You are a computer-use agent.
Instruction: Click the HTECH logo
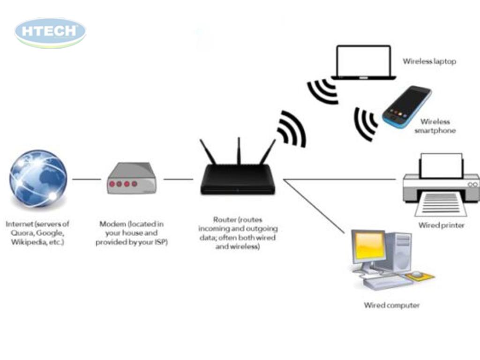[x=50, y=31]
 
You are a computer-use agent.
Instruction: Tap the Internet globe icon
[x=38, y=179]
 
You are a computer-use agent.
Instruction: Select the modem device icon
[x=131, y=178]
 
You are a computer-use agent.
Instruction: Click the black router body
[x=238, y=180]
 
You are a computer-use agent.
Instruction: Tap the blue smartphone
[x=406, y=106]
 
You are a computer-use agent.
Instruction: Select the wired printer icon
[x=441, y=185]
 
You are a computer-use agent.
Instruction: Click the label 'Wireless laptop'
[x=429, y=61]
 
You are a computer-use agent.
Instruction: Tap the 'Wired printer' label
[x=441, y=225]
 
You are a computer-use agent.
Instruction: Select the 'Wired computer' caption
[x=392, y=306]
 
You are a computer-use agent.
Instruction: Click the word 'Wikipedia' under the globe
[x=25, y=242]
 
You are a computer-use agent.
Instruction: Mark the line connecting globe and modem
[x=87, y=179]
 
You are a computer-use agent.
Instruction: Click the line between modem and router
[x=178, y=179]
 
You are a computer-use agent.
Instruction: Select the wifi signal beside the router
[x=292, y=129]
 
